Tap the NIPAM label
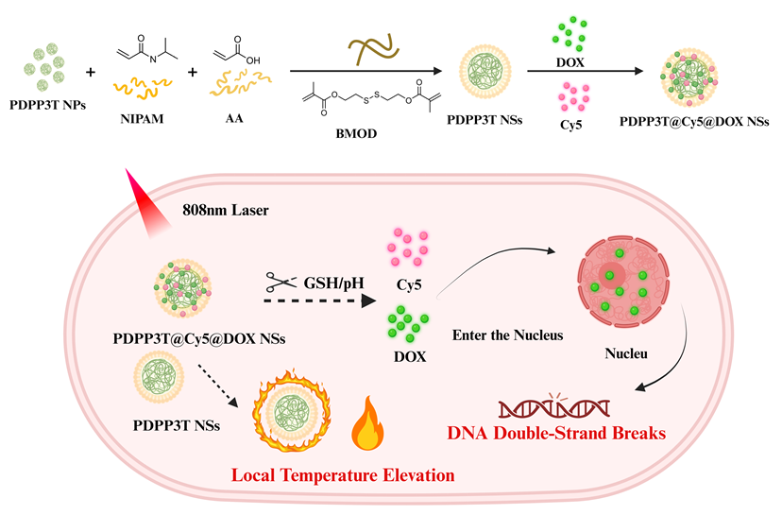142,119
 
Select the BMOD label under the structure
356,134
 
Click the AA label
234,119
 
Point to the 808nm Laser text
226,210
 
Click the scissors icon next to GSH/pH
281,282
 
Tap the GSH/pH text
334,283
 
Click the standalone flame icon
367,423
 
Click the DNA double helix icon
554,408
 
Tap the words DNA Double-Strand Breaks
556,433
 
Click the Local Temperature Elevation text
343,475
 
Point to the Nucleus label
626,353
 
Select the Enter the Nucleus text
508,335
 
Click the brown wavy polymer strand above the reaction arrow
374,49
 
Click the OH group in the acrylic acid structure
253,60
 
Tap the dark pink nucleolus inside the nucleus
612,275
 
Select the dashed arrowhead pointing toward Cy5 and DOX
368,300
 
